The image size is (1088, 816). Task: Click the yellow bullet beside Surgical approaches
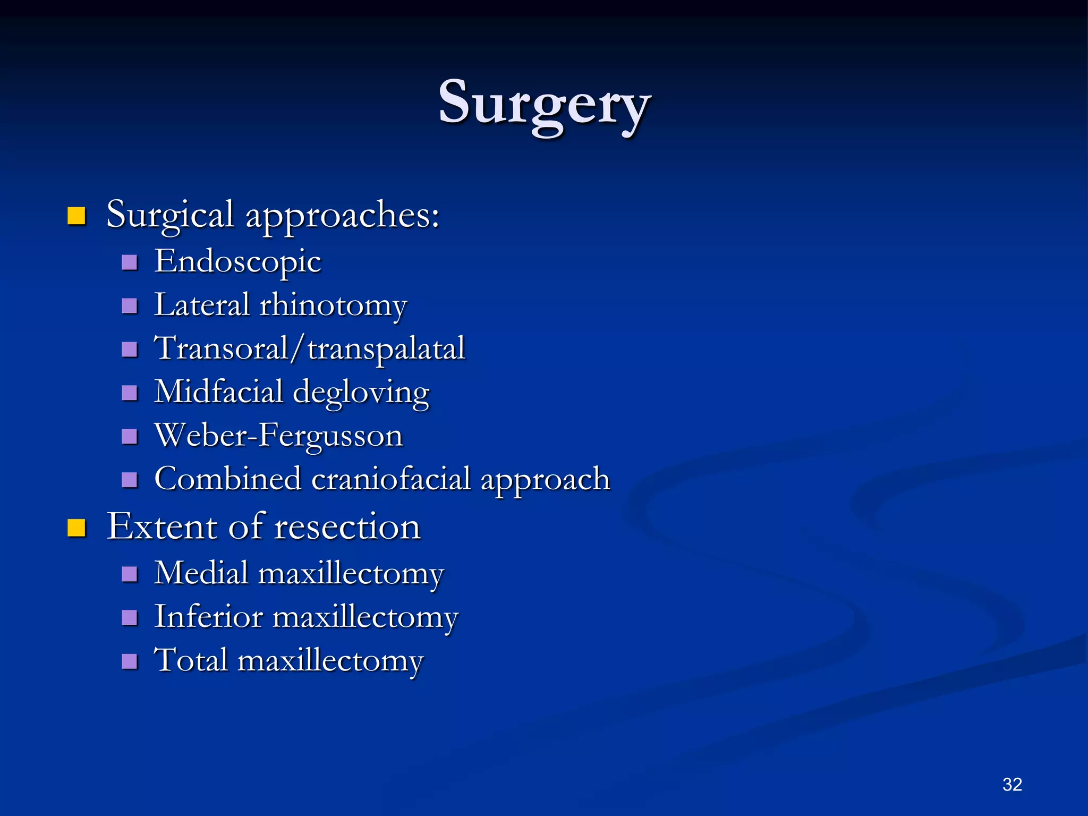(x=77, y=216)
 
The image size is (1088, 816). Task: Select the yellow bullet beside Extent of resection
(x=77, y=528)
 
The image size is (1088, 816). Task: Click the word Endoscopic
(x=237, y=261)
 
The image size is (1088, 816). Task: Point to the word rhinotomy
(x=333, y=305)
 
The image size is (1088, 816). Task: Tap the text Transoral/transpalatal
(x=309, y=348)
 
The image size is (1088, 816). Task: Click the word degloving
(x=361, y=393)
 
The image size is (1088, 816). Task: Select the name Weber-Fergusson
(x=278, y=436)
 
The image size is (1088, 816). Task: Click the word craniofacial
(x=390, y=479)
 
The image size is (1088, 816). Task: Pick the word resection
(x=347, y=527)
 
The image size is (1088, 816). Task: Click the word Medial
(x=201, y=573)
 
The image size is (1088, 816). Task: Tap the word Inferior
(x=208, y=617)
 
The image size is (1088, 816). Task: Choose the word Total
(x=191, y=660)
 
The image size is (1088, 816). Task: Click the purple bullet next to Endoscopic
(x=130, y=262)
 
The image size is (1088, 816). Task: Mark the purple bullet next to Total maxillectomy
(x=130, y=661)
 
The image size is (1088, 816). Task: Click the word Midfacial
(x=218, y=392)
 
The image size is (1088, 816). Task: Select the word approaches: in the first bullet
(x=342, y=216)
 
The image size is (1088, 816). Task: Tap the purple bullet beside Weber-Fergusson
(x=130, y=437)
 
